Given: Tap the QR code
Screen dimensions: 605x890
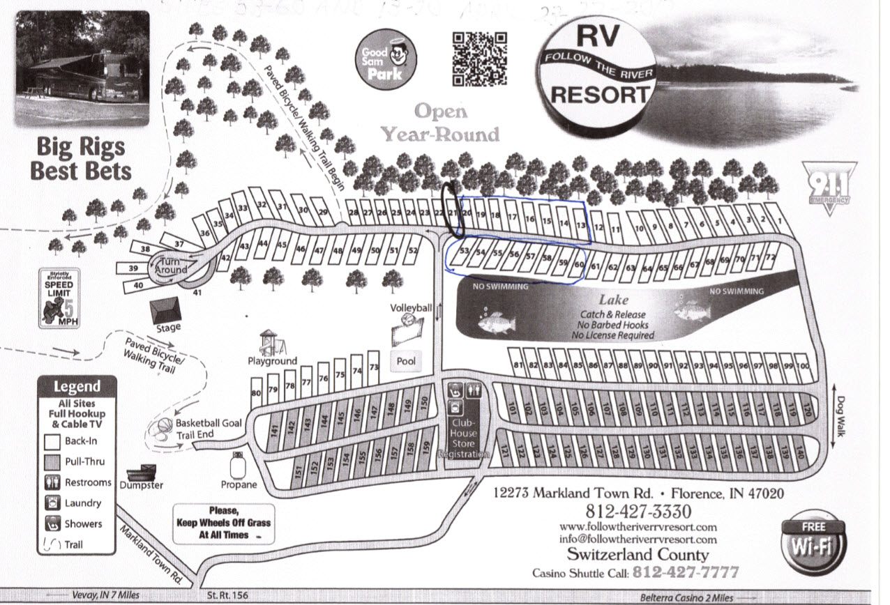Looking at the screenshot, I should (479, 59).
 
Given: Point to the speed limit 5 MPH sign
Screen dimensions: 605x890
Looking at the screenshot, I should (59, 298).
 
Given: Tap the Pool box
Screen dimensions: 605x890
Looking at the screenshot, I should (406, 361).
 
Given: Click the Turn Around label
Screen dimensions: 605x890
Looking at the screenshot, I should (172, 266).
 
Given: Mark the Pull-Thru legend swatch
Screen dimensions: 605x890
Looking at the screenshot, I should (53, 461).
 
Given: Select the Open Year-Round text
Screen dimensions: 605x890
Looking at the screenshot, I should (439, 122).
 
